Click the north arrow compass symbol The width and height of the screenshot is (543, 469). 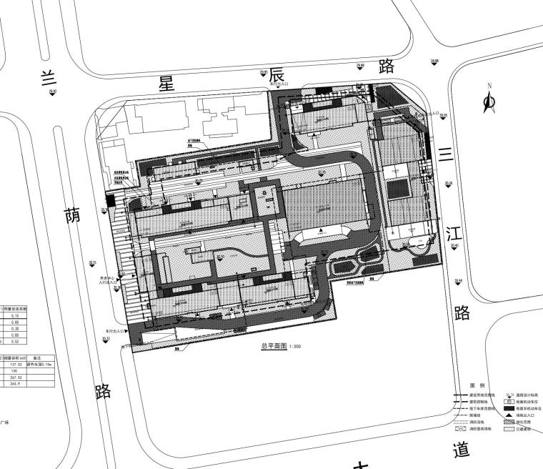490,103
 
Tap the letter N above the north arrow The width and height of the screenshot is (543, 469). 489,86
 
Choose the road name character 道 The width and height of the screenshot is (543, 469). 462,451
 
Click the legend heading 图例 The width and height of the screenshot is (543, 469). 477,385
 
